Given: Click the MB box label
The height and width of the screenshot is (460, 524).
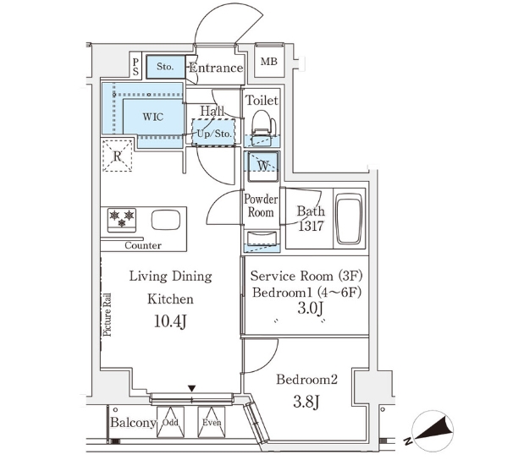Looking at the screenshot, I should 268,62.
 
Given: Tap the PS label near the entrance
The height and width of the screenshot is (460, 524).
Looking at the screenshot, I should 136,65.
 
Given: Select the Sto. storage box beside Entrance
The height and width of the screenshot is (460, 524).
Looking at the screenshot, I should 164,66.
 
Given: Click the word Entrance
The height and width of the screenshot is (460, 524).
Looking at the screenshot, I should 216,68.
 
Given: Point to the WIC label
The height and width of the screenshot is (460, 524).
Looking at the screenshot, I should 152,117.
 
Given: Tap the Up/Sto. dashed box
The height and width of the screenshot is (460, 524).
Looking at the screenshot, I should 212,134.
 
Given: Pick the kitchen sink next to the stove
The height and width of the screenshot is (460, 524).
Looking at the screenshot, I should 165,221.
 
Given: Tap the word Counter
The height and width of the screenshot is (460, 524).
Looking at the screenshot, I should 142,246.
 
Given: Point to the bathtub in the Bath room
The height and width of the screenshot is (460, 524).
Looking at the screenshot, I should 348,219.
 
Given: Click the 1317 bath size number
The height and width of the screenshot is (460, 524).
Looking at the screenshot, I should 311,227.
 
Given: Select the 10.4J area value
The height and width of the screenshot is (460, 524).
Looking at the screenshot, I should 170,320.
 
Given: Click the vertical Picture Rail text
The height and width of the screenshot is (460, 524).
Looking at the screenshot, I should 108,315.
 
